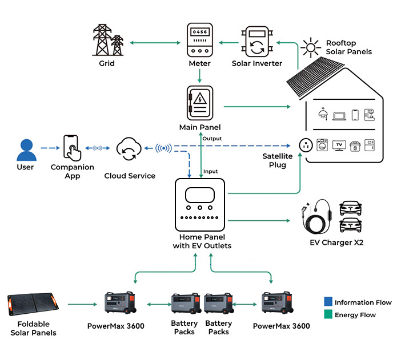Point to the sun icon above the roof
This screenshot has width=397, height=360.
tap(311, 47)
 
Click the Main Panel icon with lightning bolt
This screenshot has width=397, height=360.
tap(199, 103)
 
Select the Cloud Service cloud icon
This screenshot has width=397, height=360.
tap(129, 149)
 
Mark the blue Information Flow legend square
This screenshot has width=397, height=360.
tap(327, 302)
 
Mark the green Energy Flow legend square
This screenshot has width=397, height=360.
tap(327, 314)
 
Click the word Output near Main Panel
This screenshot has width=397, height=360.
tap(212, 139)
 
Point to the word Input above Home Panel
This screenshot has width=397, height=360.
tap(211, 171)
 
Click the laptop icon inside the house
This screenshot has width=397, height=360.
tap(339, 116)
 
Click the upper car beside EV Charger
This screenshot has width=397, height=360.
tap(351, 207)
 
